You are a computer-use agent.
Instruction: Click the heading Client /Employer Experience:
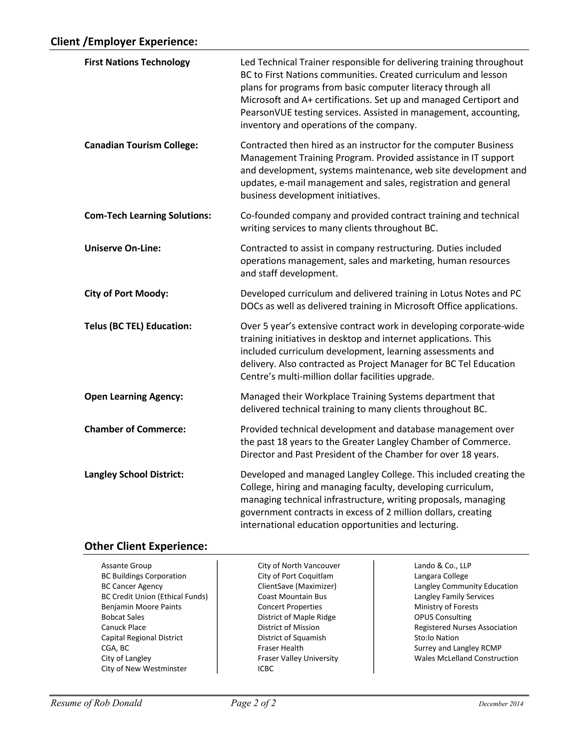click(124, 42)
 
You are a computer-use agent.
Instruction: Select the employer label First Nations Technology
click(137, 62)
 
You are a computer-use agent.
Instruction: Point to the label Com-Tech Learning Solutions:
click(148, 215)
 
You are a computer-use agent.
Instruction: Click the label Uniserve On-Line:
click(122, 248)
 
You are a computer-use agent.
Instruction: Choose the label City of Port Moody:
click(126, 293)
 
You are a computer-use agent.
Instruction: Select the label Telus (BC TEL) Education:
click(138, 326)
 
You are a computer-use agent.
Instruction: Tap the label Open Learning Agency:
click(133, 396)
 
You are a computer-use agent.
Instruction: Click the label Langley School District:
click(134, 474)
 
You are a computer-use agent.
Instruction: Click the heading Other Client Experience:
click(145, 546)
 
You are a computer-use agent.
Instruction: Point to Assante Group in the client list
click(126, 566)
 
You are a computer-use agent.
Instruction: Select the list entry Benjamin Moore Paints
click(141, 607)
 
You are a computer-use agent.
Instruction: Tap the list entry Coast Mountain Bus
click(292, 597)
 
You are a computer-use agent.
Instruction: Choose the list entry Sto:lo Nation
click(436, 638)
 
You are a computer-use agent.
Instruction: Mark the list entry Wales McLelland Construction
click(466, 659)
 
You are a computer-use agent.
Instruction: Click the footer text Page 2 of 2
click(253, 703)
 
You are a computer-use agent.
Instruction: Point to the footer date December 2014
click(501, 704)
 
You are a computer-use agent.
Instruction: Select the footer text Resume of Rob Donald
click(96, 703)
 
